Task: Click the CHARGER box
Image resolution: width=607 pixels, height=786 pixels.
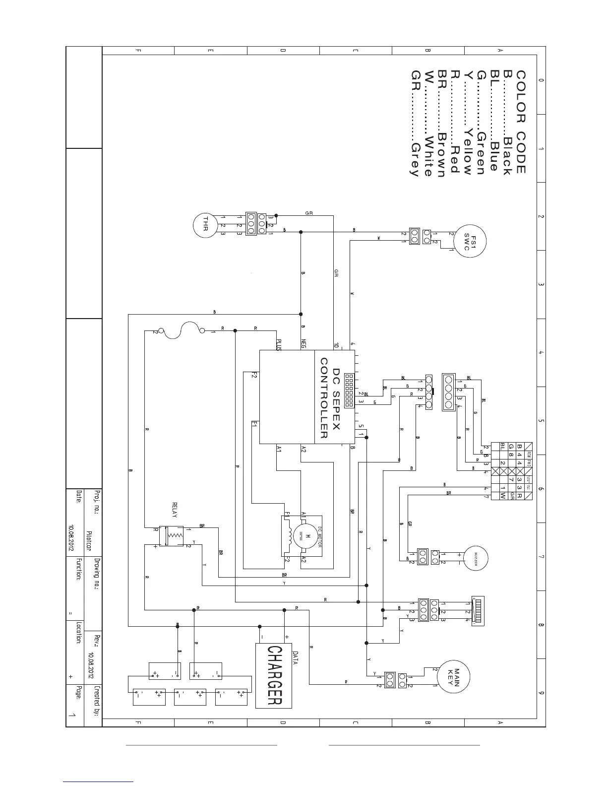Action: [274, 675]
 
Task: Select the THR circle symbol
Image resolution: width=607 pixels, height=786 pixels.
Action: [202, 224]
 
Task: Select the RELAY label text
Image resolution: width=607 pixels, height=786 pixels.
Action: [174, 510]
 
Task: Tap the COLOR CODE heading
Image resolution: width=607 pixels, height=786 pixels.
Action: [521, 122]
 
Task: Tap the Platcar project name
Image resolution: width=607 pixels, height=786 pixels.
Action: [89, 541]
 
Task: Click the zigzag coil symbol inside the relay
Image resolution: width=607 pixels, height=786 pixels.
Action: [174, 536]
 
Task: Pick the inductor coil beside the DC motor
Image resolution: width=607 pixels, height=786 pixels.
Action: [286, 535]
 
